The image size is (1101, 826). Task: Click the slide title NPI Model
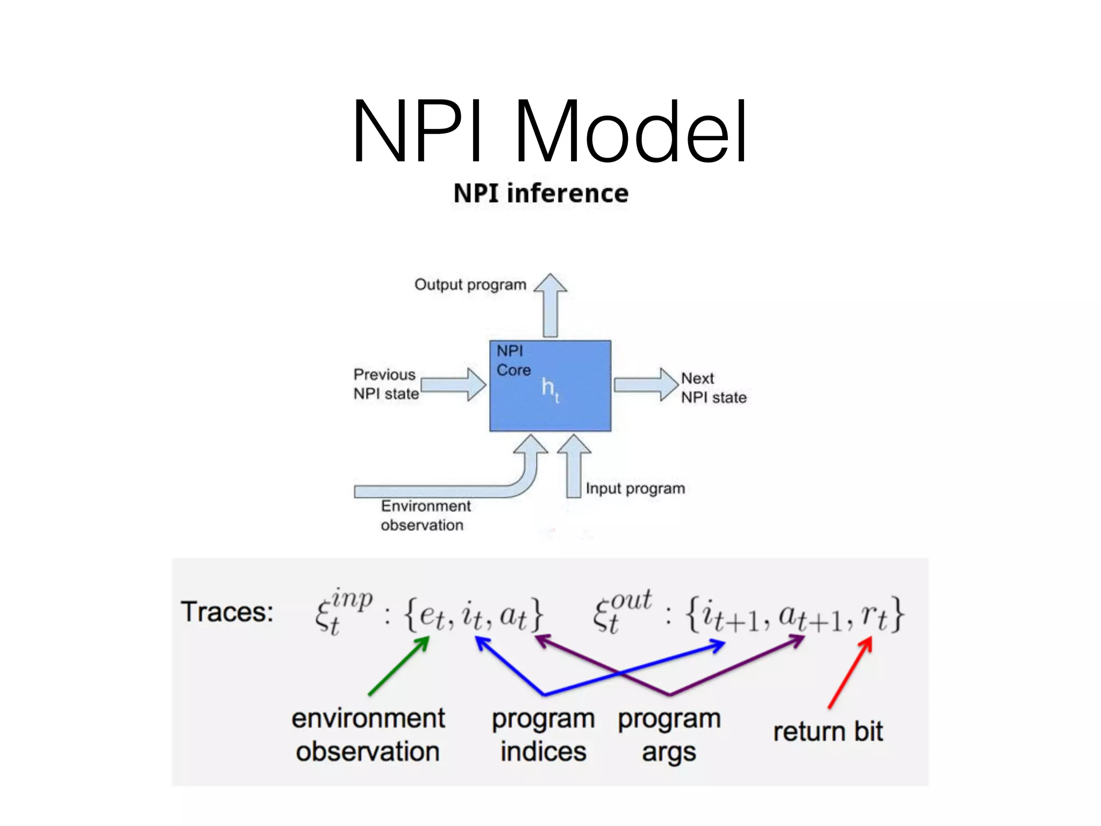(x=549, y=131)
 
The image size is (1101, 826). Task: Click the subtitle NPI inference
(x=541, y=194)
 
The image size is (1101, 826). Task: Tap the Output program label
(x=470, y=285)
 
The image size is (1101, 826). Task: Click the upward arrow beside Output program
(x=550, y=307)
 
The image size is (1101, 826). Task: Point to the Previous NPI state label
(x=385, y=384)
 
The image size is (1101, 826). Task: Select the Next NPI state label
(x=713, y=388)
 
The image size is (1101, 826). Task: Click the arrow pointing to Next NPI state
(x=645, y=384)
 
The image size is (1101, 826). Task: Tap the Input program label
(x=635, y=488)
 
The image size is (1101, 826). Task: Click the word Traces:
(x=227, y=612)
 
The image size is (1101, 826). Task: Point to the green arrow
(x=399, y=666)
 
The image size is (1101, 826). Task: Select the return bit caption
(x=828, y=732)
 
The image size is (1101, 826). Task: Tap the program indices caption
(x=543, y=735)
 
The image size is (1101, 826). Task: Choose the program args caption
(x=669, y=735)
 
